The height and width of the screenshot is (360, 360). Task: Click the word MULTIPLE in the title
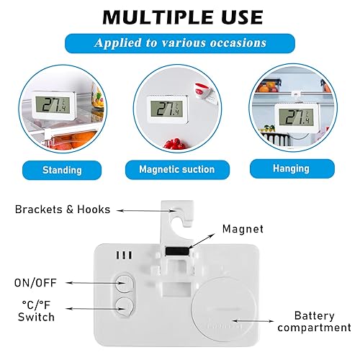tap(158, 17)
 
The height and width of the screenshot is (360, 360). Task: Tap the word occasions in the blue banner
tap(238, 43)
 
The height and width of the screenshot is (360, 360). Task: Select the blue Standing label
tap(62, 170)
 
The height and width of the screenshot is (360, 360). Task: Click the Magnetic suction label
tap(177, 169)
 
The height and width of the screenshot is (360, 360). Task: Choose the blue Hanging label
tap(292, 168)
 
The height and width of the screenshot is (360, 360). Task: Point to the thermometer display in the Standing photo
tap(53, 105)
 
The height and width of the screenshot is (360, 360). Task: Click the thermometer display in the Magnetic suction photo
tap(166, 109)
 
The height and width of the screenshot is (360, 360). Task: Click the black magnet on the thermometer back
tap(177, 252)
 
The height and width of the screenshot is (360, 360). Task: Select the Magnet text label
tap(243, 229)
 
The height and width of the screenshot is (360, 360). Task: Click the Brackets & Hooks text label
tap(63, 210)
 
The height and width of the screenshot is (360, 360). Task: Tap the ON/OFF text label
tap(35, 283)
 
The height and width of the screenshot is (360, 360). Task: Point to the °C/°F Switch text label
tap(36, 311)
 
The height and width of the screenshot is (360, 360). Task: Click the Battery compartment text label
tap(315, 322)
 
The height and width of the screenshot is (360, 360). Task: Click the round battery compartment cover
tap(224, 309)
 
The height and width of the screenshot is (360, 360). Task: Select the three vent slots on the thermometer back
tap(124, 255)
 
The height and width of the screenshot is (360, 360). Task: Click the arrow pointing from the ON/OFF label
tap(96, 283)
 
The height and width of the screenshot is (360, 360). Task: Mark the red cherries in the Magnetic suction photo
tap(175, 143)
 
